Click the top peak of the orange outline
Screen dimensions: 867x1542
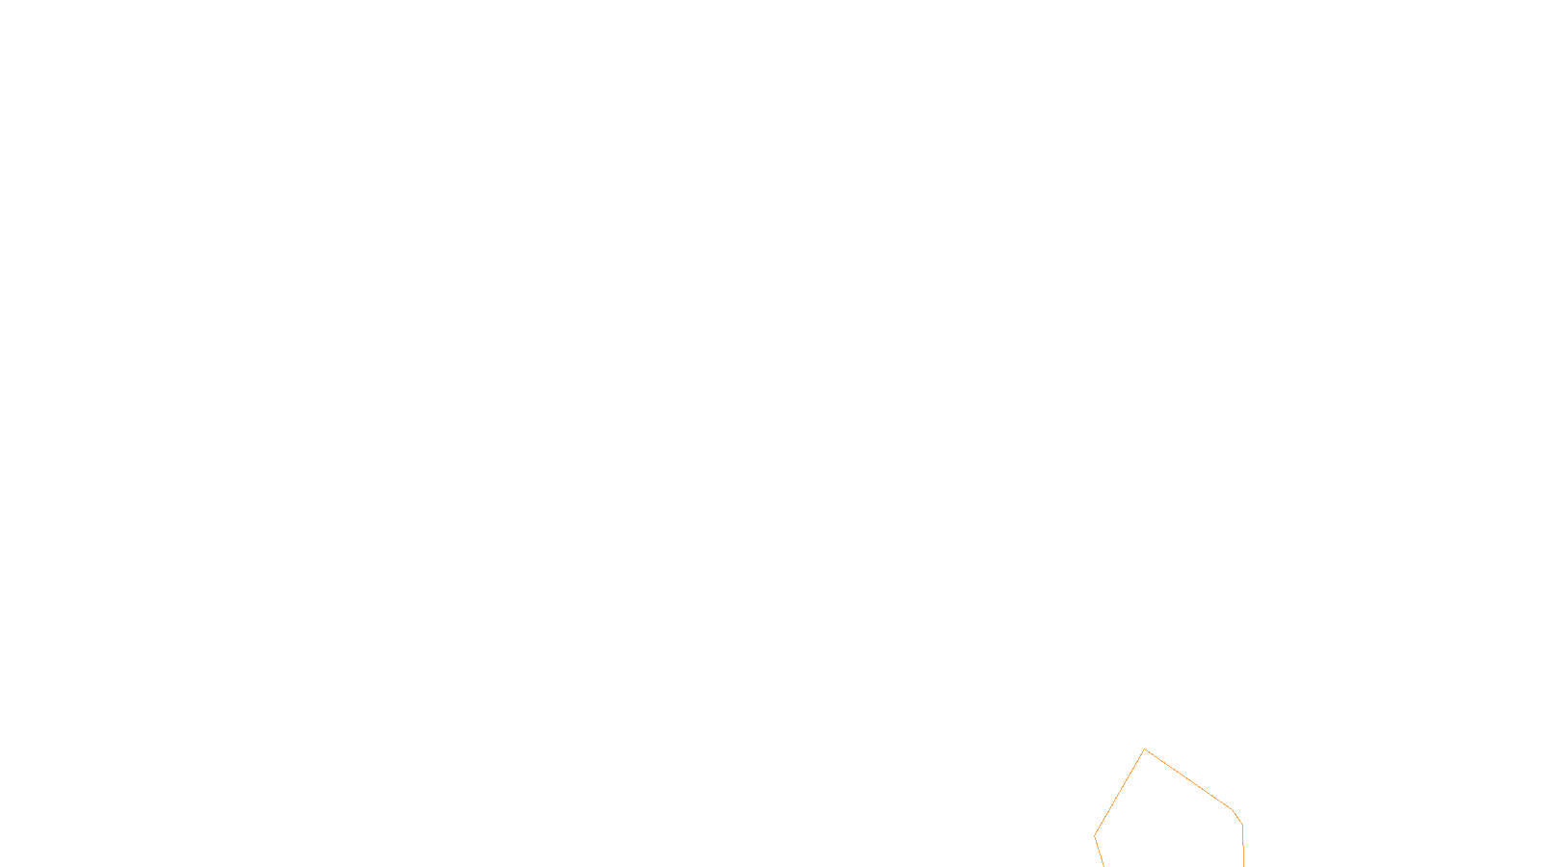1145,749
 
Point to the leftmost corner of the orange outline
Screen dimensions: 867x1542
1095,835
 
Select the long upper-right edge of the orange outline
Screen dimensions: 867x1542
1189,780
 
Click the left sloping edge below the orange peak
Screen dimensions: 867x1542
1120,792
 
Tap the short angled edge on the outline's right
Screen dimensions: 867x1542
1237,817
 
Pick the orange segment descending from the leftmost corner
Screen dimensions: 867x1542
1099,851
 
